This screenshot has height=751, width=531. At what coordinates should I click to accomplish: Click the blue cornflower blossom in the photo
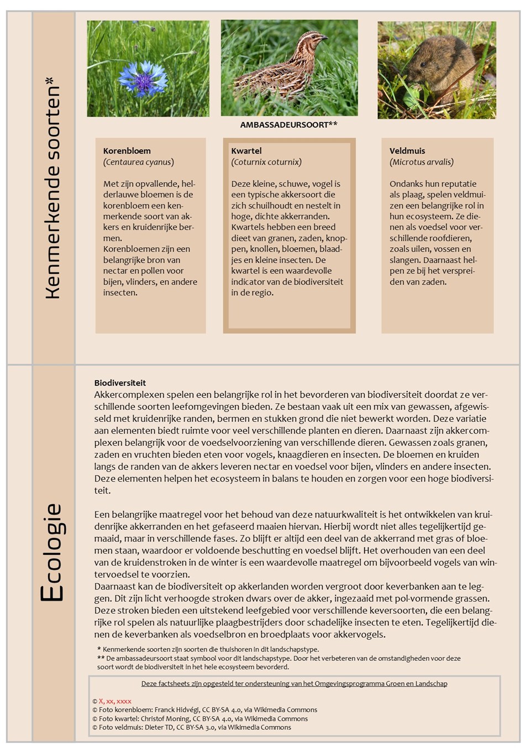click(x=143, y=79)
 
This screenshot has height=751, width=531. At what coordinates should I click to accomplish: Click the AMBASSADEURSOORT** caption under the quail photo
click(x=288, y=125)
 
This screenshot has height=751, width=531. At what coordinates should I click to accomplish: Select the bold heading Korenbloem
click(x=127, y=151)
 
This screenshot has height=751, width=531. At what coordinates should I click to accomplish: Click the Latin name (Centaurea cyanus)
click(x=138, y=162)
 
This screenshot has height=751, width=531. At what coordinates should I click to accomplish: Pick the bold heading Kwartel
click(x=246, y=151)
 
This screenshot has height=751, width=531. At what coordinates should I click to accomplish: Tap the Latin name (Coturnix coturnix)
click(x=266, y=162)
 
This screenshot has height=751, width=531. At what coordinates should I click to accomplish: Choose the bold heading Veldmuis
click(x=407, y=151)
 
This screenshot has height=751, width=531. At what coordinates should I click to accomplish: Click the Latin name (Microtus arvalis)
click(x=421, y=162)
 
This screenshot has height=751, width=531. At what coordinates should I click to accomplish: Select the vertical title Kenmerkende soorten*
click(x=52, y=188)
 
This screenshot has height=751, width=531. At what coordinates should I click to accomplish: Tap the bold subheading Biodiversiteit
click(x=120, y=383)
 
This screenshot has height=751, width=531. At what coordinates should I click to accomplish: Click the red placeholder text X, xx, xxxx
click(x=115, y=701)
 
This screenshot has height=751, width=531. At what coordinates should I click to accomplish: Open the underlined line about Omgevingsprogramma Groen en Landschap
click(x=294, y=684)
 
